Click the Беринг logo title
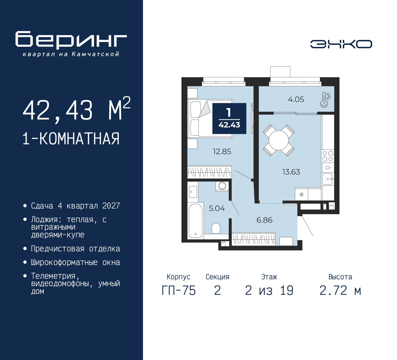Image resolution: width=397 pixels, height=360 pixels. (x=71, y=40)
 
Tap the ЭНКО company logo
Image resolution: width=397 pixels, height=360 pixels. (x=341, y=44)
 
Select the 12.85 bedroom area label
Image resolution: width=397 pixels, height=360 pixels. (x=222, y=151)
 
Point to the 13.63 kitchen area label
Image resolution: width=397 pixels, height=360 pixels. (x=291, y=172)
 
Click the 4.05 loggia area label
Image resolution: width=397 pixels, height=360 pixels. (x=296, y=99)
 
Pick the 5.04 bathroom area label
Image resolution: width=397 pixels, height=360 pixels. (x=216, y=208)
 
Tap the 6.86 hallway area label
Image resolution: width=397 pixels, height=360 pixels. (x=264, y=220)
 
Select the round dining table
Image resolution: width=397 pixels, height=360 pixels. (x=279, y=140)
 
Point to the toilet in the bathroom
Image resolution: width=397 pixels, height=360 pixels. (x=216, y=229)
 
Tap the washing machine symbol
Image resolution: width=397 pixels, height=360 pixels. (x=222, y=186)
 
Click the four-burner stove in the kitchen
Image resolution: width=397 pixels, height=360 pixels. (x=328, y=156)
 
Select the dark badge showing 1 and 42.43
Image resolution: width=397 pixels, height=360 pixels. (x=229, y=119)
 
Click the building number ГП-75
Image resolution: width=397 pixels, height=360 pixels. (x=179, y=290)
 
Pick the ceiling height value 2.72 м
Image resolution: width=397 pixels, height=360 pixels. (x=340, y=290)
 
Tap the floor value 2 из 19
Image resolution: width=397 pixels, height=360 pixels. (x=269, y=290)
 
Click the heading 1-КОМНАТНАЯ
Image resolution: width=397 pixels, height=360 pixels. (x=71, y=139)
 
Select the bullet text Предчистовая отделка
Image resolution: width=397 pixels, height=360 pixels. (x=75, y=249)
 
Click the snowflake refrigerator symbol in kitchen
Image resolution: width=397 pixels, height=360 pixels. (x=301, y=195)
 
